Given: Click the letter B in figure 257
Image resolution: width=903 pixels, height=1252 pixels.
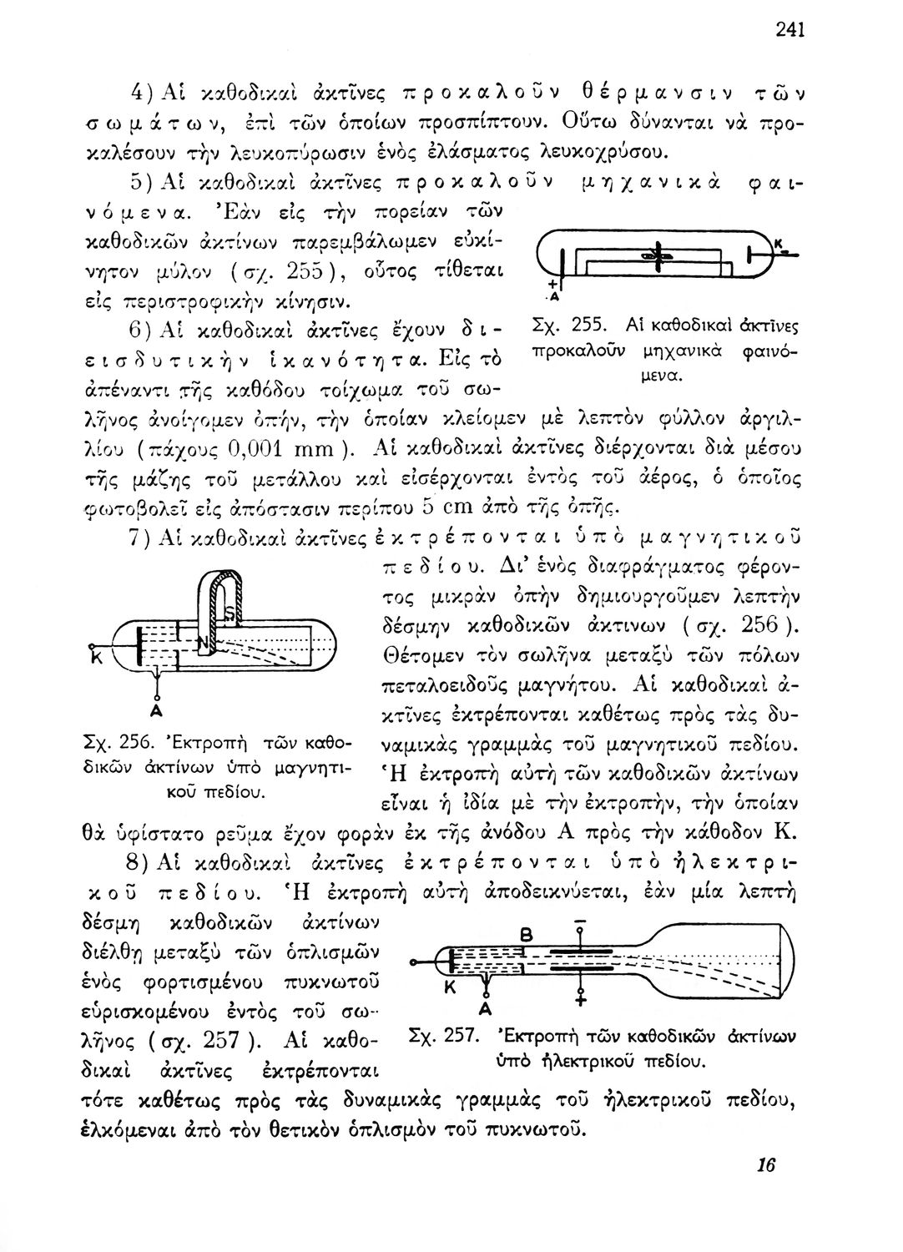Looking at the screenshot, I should [x=526, y=937].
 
